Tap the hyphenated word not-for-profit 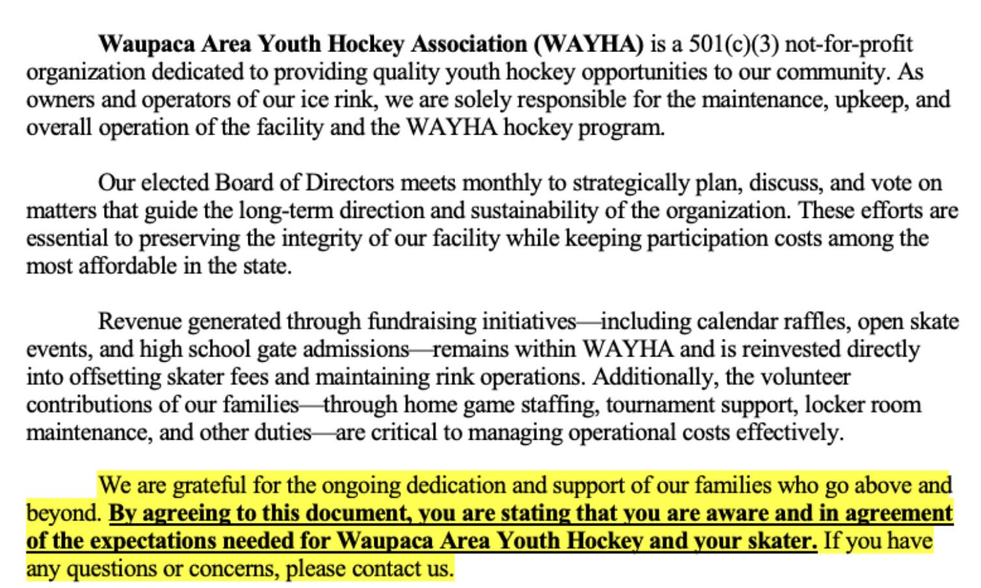click(849, 44)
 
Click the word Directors click(349, 183)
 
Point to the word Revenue click(140, 322)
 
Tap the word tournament click(657, 405)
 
